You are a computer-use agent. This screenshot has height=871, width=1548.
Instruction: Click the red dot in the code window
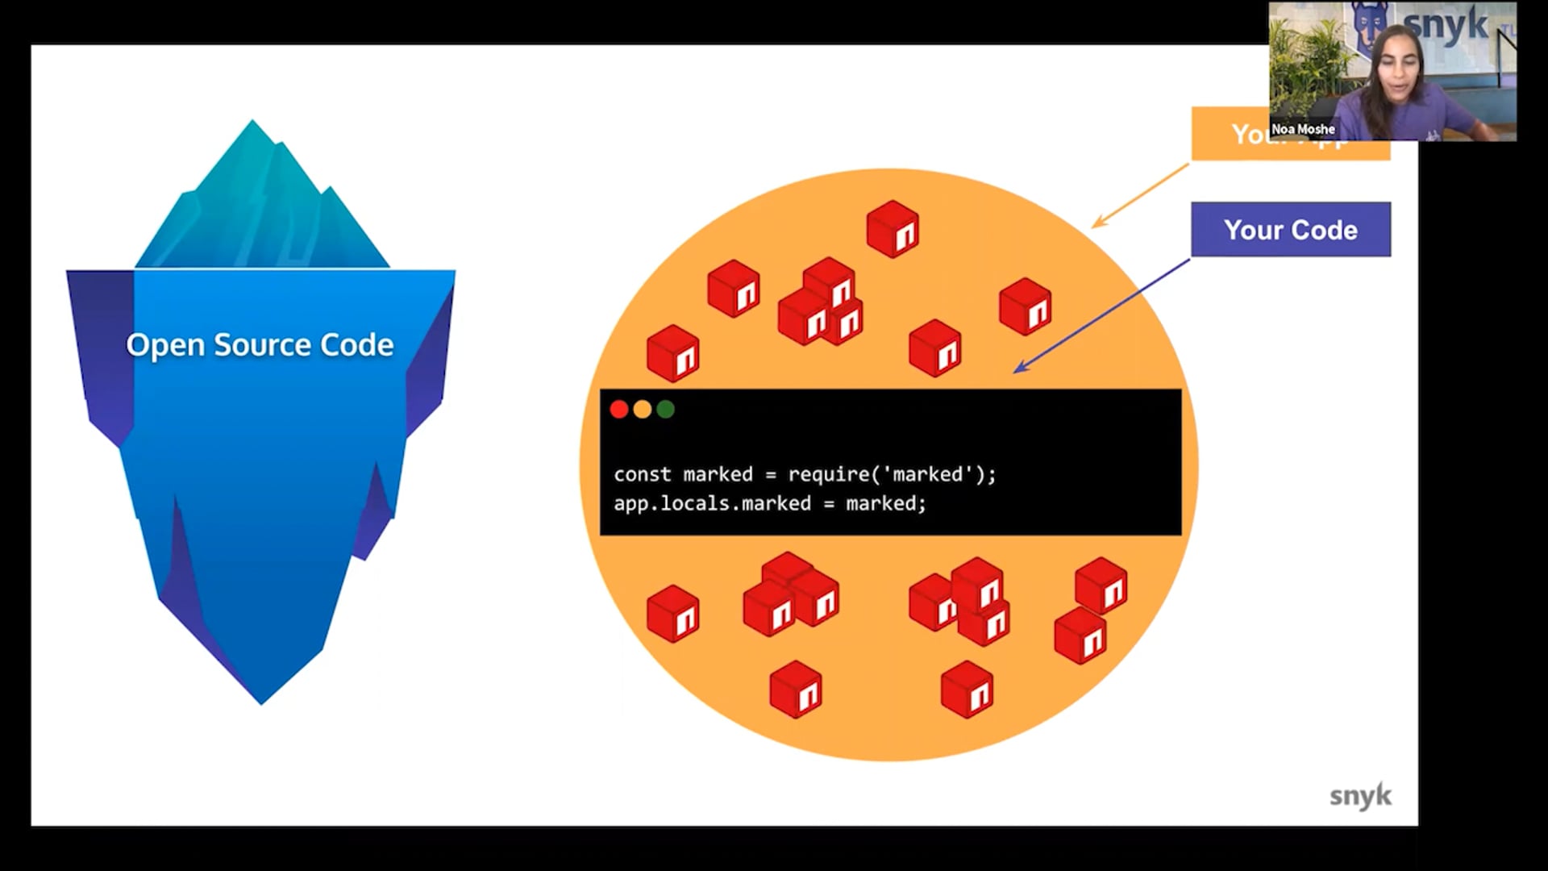[x=619, y=410]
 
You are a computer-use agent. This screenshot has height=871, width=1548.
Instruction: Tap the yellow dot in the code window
[x=643, y=410]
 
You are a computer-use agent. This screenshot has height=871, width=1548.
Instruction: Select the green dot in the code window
[x=665, y=410]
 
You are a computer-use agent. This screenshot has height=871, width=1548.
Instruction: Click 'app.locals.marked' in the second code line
[x=712, y=503]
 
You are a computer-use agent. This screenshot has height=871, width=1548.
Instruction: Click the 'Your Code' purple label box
[x=1290, y=230]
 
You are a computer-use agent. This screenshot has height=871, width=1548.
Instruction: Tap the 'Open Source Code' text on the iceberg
[x=260, y=345]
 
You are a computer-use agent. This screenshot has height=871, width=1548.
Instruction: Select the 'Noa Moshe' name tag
[x=1303, y=129]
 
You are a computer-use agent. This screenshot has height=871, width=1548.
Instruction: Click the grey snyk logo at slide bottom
[x=1360, y=796]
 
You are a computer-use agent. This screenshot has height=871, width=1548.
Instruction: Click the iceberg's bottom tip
[x=260, y=700]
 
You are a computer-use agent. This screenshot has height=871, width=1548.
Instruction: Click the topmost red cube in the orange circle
[x=893, y=229]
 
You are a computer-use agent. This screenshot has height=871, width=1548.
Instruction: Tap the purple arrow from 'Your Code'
[x=1101, y=316]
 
